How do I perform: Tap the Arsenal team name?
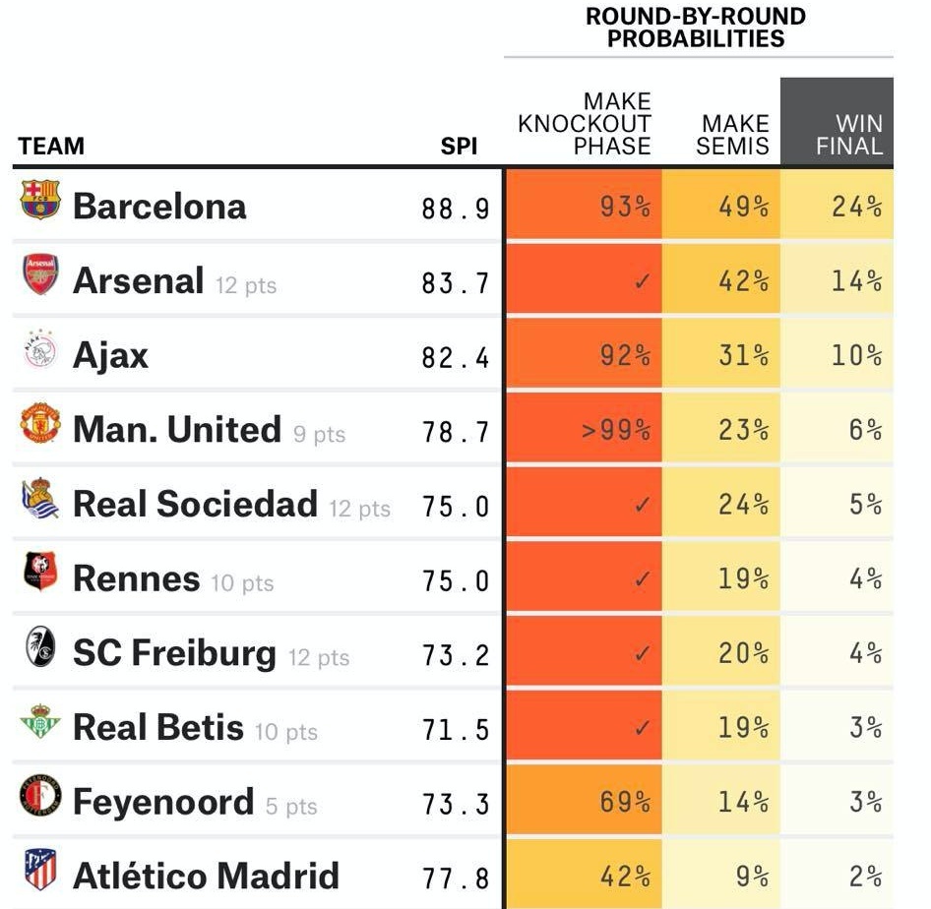(138, 281)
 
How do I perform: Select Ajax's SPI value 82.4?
(455, 356)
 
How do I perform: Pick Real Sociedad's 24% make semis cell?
(743, 505)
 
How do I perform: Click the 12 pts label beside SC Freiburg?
(318, 657)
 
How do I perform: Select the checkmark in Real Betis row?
(642, 728)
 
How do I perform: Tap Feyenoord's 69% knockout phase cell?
(625, 802)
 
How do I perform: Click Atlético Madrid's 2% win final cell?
(865, 876)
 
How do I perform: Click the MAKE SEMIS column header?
(734, 135)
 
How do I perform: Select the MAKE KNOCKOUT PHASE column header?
(585, 124)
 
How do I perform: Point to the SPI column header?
(459, 147)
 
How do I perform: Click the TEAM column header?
(51, 147)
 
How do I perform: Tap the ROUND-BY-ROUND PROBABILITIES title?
(696, 28)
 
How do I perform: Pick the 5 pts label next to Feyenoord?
(291, 807)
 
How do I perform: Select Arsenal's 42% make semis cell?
(743, 281)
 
